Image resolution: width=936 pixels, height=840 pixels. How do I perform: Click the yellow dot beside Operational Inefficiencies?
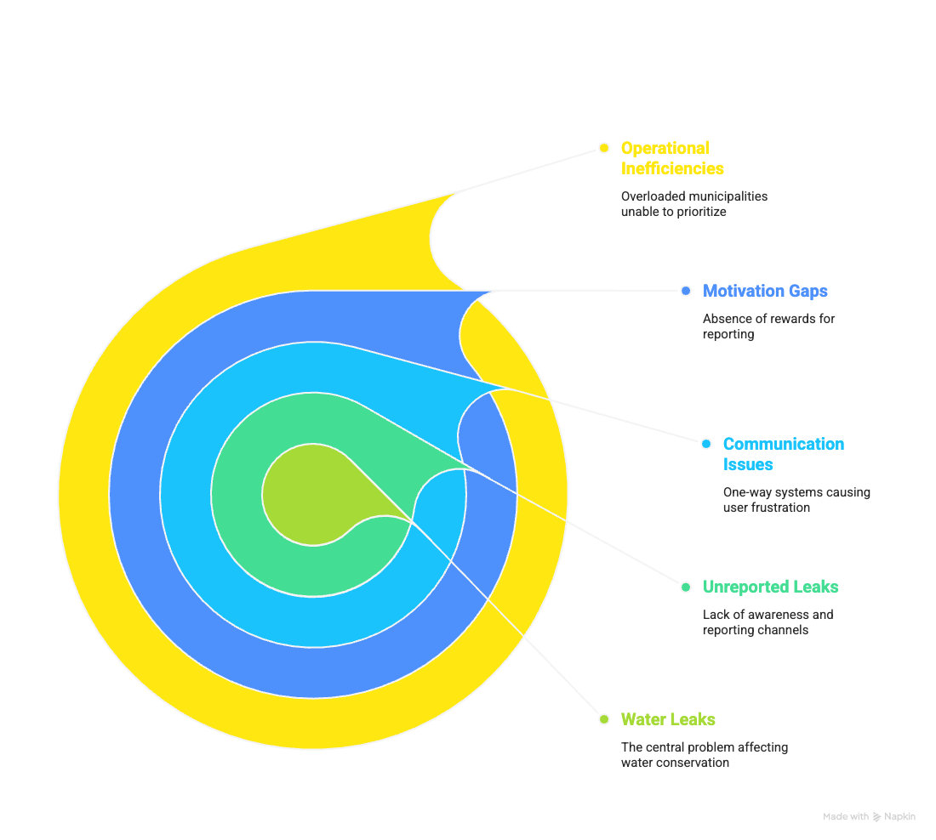[604, 148]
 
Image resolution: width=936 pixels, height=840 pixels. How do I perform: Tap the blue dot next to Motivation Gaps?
[686, 291]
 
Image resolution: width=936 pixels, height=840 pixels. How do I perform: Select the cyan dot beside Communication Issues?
[706, 443]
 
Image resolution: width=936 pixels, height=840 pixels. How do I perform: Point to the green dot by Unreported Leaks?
[686, 587]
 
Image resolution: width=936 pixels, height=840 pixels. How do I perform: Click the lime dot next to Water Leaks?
[604, 719]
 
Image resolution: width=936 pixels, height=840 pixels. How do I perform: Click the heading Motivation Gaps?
[765, 291]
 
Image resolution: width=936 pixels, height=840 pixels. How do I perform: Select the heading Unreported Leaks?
[770, 587]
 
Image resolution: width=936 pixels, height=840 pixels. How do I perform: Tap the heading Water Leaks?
[668, 719]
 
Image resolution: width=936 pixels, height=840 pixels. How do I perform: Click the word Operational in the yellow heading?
[665, 149]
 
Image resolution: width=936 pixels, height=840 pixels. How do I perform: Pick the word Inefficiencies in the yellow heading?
[672, 169]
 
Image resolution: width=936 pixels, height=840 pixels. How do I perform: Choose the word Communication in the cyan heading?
[783, 445]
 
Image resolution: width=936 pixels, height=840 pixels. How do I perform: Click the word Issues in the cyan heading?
[748, 465]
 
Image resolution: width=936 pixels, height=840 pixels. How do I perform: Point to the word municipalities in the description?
[728, 196]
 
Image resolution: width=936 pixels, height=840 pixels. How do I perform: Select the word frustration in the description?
[780, 508]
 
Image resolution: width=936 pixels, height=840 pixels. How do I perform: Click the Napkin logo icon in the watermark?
[876, 817]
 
